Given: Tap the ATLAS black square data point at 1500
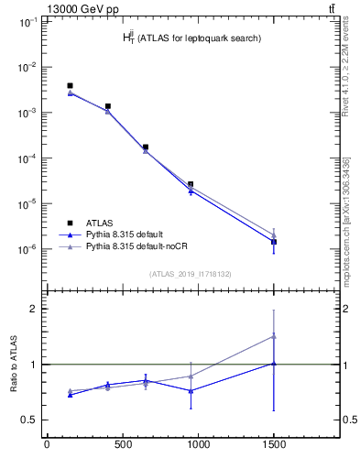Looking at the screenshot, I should coord(274,242).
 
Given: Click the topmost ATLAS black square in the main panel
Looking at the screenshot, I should coord(70,86).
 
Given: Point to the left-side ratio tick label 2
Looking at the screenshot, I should coord(31,309).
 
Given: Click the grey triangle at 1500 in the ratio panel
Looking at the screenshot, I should coord(274,336).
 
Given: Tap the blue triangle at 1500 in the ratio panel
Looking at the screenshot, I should coord(274,364).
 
